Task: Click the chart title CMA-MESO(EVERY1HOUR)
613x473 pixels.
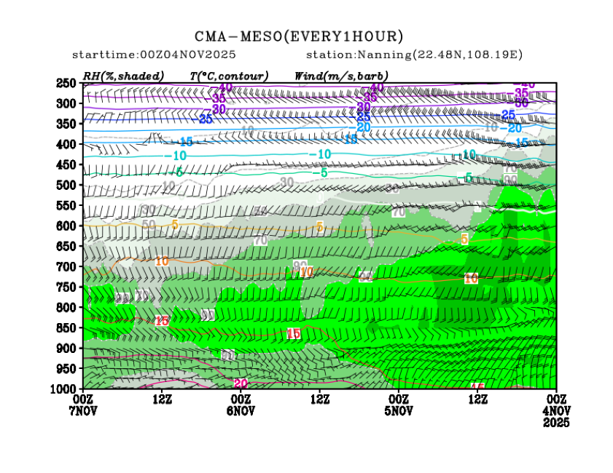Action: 299,36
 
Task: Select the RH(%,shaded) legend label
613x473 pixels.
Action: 123,76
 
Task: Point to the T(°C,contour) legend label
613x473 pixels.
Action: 229,76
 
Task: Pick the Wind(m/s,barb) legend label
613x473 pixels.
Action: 341,76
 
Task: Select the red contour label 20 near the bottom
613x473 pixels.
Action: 240,383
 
